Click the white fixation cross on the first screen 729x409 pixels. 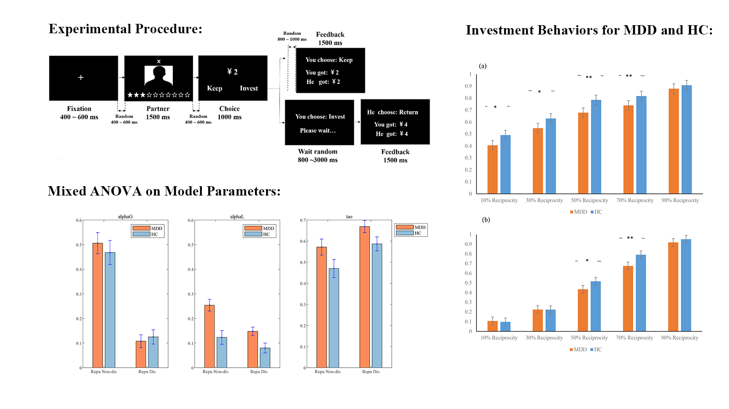click(81, 78)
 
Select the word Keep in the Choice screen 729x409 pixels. click(215, 88)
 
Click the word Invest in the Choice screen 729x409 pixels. click(249, 88)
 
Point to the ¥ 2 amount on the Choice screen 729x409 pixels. click(232, 72)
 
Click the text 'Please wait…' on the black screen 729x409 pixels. click(318, 130)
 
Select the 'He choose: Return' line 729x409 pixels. click(393, 112)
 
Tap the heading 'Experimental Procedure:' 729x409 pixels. click(126, 29)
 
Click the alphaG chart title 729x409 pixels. click(125, 216)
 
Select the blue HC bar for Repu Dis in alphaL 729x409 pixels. click(265, 357)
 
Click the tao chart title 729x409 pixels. click(349, 216)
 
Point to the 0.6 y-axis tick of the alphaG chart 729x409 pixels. click(79, 220)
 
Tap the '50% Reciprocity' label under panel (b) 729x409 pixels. click(589, 338)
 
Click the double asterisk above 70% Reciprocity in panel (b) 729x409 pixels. click(630, 238)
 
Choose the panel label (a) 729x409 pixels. click(482, 66)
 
